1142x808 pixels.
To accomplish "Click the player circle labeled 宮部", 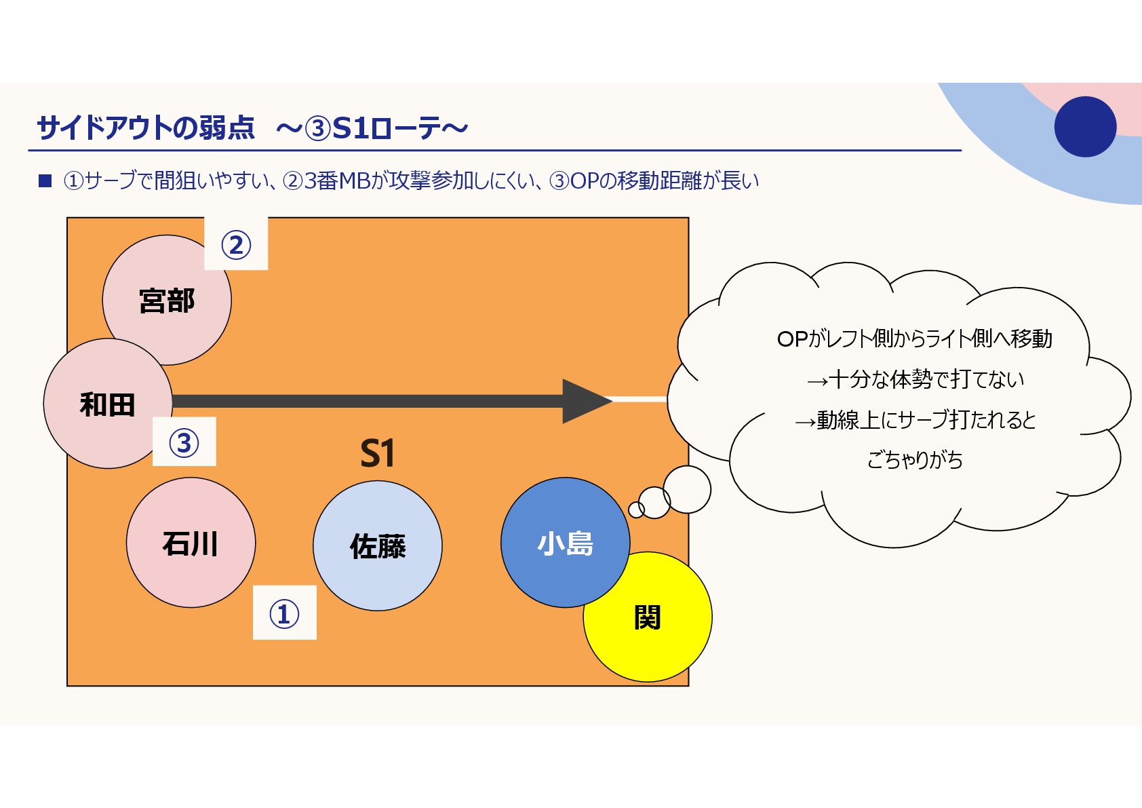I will [x=167, y=300].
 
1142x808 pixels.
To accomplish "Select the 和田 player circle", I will [x=108, y=404].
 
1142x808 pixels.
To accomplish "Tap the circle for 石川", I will [x=191, y=543].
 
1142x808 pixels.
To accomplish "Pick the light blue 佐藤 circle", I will [x=378, y=545].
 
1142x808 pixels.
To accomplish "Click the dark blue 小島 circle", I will [x=565, y=542].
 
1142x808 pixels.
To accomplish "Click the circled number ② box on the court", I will [x=236, y=244].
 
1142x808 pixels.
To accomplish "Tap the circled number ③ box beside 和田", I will [x=184, y=442].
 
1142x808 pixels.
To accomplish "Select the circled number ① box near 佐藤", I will [x=284, y=613].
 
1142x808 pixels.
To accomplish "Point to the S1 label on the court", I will [x=377, y=453].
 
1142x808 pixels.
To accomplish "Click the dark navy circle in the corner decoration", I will [x=1085, y=127].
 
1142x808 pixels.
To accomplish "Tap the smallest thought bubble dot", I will [x=636, y=509].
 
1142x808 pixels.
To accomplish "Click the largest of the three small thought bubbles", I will [x=687, y=489].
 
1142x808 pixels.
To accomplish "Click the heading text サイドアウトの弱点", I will [x=146, y=128].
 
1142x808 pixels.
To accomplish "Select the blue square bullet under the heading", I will [x=45, y=180].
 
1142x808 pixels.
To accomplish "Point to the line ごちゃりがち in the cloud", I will [x=914, y=460].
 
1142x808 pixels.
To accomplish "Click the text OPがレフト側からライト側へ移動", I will [x=914, y=339].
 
